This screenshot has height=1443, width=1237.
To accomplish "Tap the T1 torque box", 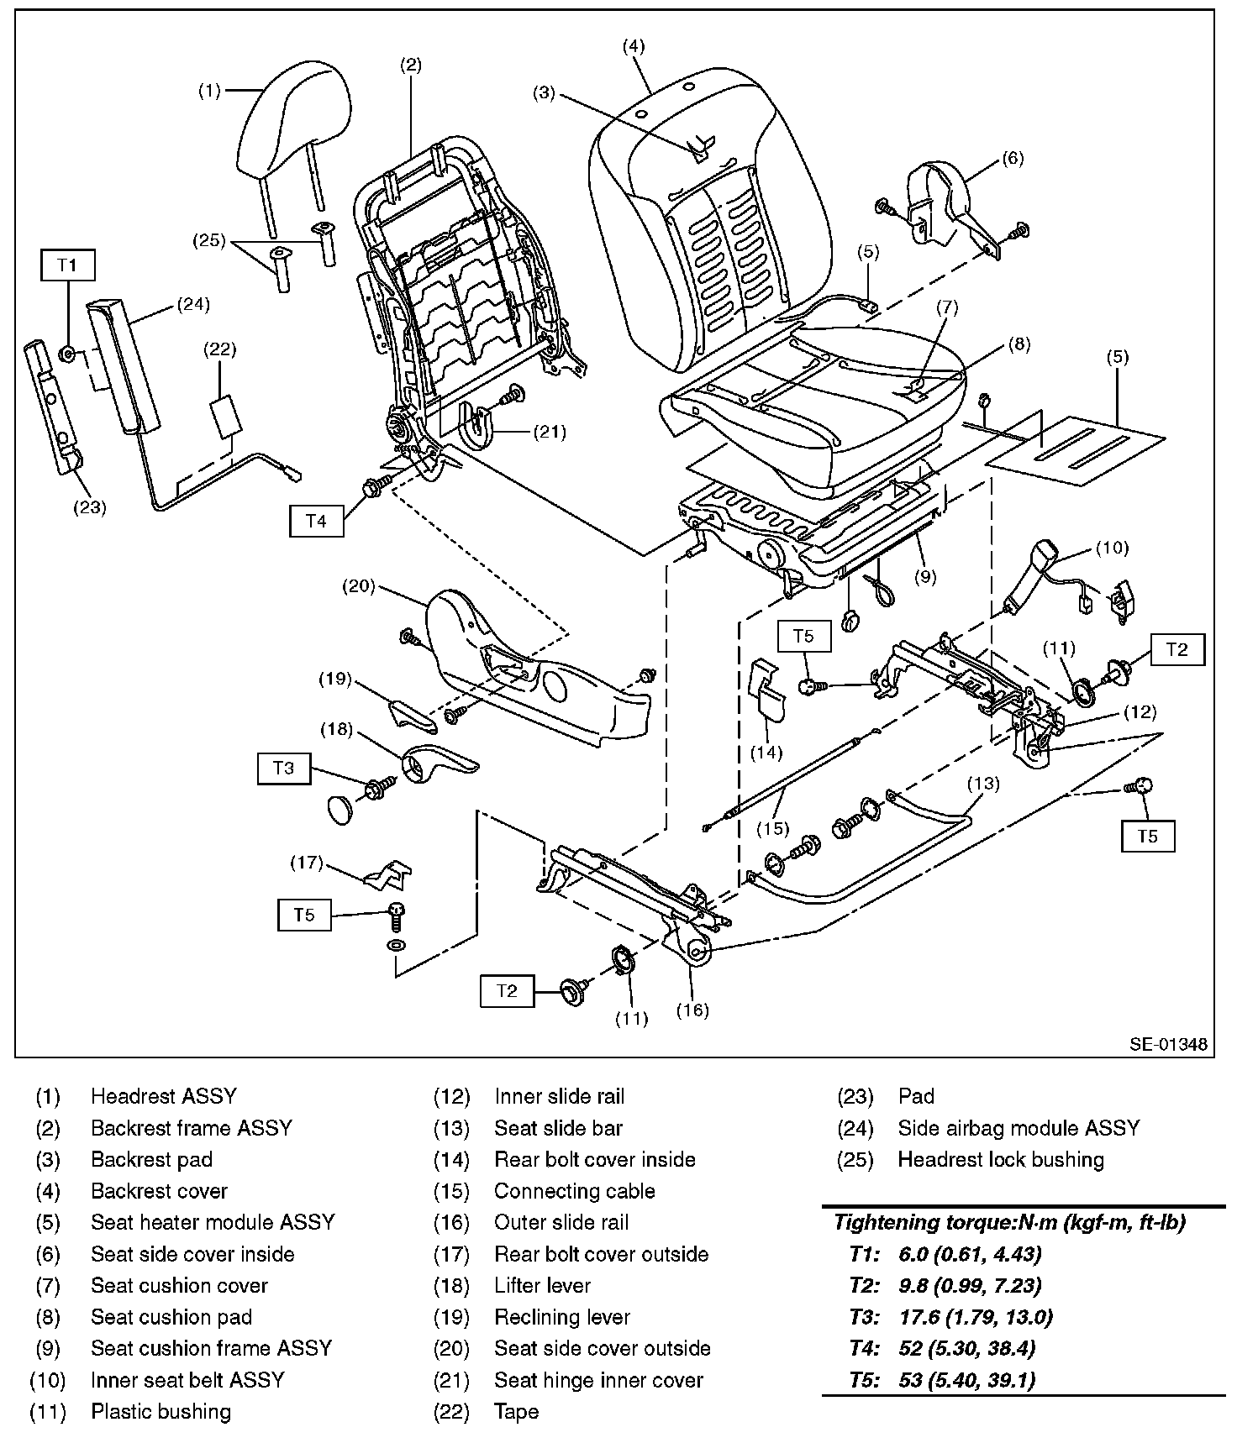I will (x=67, y=265).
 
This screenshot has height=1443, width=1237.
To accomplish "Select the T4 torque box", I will (x=315, y=521).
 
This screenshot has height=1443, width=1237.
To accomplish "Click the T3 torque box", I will (x=283, y=768).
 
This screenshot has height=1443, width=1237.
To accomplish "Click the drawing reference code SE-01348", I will (x=1167, y=1044).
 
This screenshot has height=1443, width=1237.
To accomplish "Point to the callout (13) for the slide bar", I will (x=982, y=784).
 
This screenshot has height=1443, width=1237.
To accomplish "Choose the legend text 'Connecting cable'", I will (x=574, y=1191).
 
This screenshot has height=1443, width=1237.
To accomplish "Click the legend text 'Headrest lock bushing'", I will (x=1000, y=1160).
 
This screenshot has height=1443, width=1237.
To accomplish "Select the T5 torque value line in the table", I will (x=942, y=1380).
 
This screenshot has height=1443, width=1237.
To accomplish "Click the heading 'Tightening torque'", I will (x=1008, y=1223).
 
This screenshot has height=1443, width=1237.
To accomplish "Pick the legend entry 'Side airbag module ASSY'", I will (x=1019, y=1128).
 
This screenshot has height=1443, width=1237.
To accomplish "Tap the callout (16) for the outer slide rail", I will (x=693, y=1010).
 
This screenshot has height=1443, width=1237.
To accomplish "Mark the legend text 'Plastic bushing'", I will (x=161, y=1412).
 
